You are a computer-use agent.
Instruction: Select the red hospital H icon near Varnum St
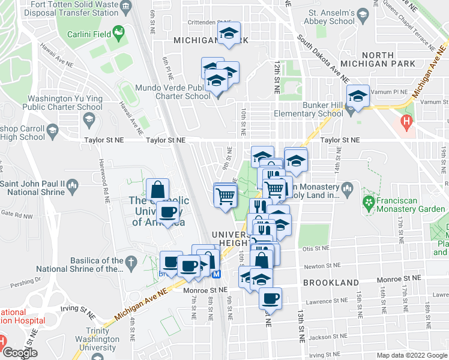[x=408, y=124]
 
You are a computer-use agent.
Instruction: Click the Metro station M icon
[x=217, y=274]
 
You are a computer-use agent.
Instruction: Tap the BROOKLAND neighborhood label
[x=331, y=282]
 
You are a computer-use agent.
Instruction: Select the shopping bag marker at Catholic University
[x=157, y=190]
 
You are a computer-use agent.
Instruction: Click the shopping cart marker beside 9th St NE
[x=225, y=195]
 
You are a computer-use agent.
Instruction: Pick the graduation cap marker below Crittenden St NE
[x=228, y=34]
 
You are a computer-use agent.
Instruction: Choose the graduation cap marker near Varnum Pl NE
[x=357, y=97]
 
